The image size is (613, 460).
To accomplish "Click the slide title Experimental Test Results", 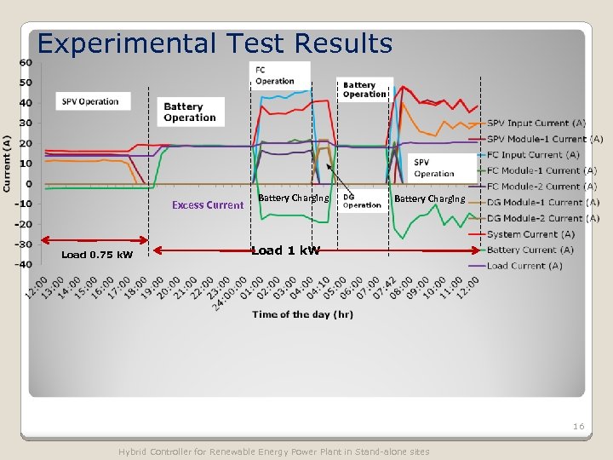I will click(x=215, y=43).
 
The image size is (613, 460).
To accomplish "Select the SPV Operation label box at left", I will click(x=89, y=101).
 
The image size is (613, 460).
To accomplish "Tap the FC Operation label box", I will click(x=275, y=76).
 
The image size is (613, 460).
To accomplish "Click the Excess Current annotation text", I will click(x=208, y=204).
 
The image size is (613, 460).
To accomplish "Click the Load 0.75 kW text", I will click(x=97, y=255).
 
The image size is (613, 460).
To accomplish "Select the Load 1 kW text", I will click(x=286, y=250).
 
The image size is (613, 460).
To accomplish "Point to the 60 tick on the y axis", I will click(x=26, y=62).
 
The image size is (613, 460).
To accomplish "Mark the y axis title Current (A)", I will click(x=7, y=164).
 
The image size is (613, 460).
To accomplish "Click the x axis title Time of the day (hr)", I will click(x=302, y=314).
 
